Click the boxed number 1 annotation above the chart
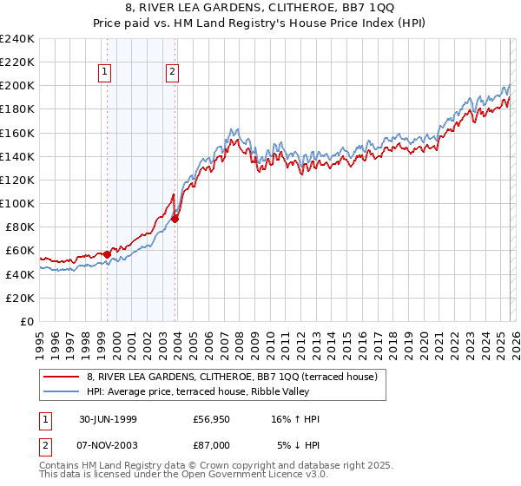pos(105,73)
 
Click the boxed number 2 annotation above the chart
pos(173,73)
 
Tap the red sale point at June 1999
pos(108,254)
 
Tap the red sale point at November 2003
pos(175,219)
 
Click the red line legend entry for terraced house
pos(232,377)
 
